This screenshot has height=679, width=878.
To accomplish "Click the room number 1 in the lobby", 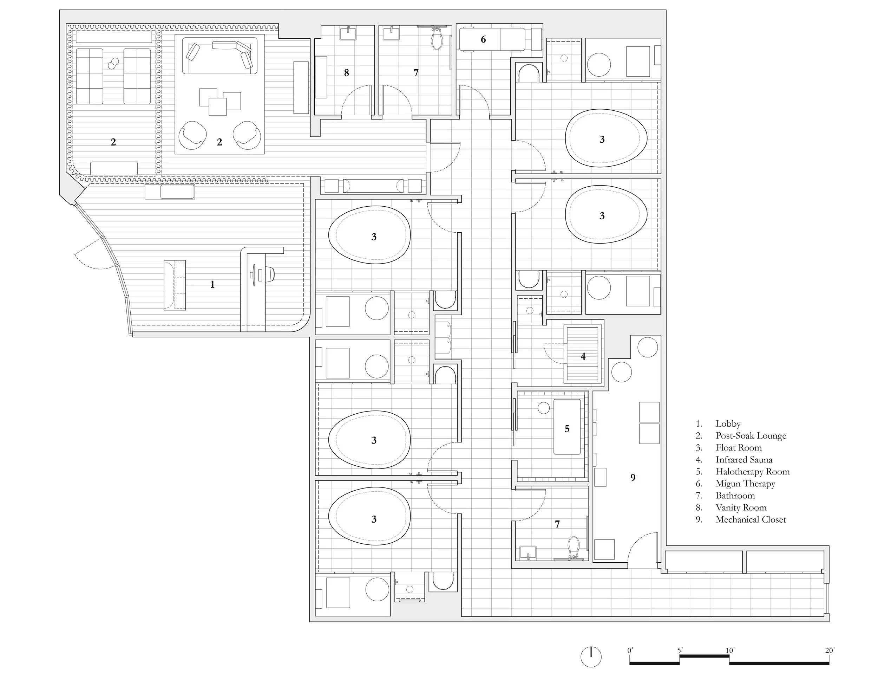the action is click(212, 285).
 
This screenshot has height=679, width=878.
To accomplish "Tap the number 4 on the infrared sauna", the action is click(583, 356).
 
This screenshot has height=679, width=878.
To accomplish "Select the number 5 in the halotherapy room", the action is click(567, 429).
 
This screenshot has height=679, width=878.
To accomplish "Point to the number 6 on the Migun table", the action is click(483, 39).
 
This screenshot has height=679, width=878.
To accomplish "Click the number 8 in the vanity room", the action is click(347, 73).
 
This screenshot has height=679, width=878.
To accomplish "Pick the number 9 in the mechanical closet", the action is click(633, 478).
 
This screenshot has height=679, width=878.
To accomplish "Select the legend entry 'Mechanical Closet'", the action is click(751, 519).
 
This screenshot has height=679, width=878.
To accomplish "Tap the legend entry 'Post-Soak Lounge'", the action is click(751, 436).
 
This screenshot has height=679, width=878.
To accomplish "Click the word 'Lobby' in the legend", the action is click(728, 423).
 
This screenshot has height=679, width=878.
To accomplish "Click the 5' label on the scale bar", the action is click(680, 651).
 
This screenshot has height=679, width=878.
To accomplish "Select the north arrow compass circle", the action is click(591, 657).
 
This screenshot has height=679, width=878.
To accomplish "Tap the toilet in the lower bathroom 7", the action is click(573, 548).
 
